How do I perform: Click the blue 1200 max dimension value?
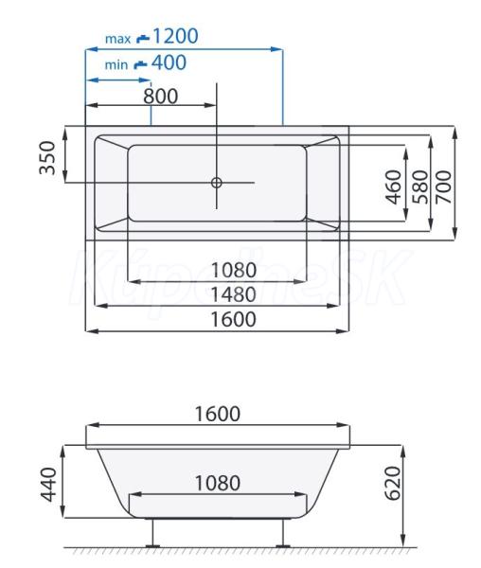176,36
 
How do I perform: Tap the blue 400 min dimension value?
169,62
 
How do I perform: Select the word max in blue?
117,39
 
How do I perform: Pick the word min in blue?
116,64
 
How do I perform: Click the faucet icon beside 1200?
143,39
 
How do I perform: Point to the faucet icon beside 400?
140,64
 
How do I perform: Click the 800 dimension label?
160,96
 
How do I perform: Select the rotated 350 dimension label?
47,158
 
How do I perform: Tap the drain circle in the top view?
216,183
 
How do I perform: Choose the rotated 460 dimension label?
393,186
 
